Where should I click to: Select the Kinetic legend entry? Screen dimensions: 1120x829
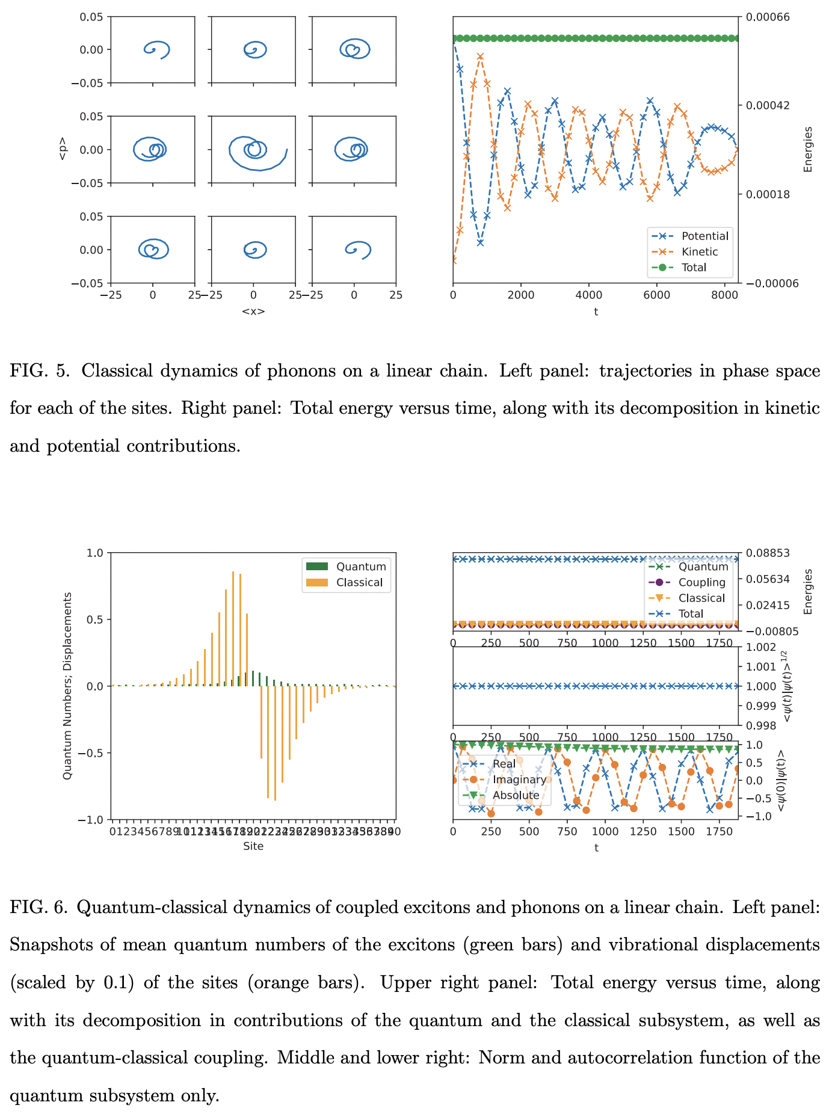click(699, 252)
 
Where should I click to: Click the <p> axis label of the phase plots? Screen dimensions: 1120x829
click(63, 150)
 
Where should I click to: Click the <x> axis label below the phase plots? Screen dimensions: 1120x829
click(253, 311)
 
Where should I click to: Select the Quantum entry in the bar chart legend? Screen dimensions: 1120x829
click(360, 567)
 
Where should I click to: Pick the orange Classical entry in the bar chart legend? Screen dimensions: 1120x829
click(359, 582)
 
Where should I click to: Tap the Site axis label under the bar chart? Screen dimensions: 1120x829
click(253, 846)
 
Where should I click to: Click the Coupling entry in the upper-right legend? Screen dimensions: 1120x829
click(701, 582)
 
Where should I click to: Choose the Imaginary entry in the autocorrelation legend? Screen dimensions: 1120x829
click(519, 780)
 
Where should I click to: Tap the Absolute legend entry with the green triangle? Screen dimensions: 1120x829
click(516, 795)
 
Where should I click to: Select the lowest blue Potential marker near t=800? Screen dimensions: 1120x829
click(480, 243)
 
